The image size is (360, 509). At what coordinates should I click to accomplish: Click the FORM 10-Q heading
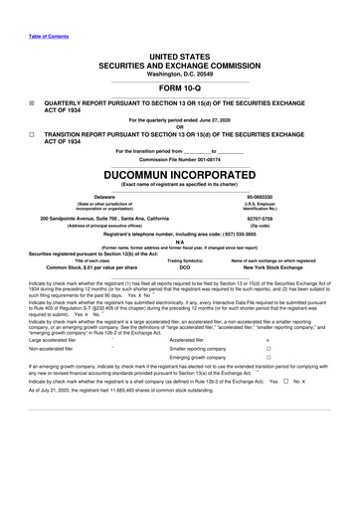coord(180,86)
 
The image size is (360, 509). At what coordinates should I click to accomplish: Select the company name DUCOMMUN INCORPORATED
coord(180,171)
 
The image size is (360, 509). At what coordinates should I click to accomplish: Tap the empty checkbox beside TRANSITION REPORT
coord(32,133)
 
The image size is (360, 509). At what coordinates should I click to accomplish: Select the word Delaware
coord(97,197)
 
